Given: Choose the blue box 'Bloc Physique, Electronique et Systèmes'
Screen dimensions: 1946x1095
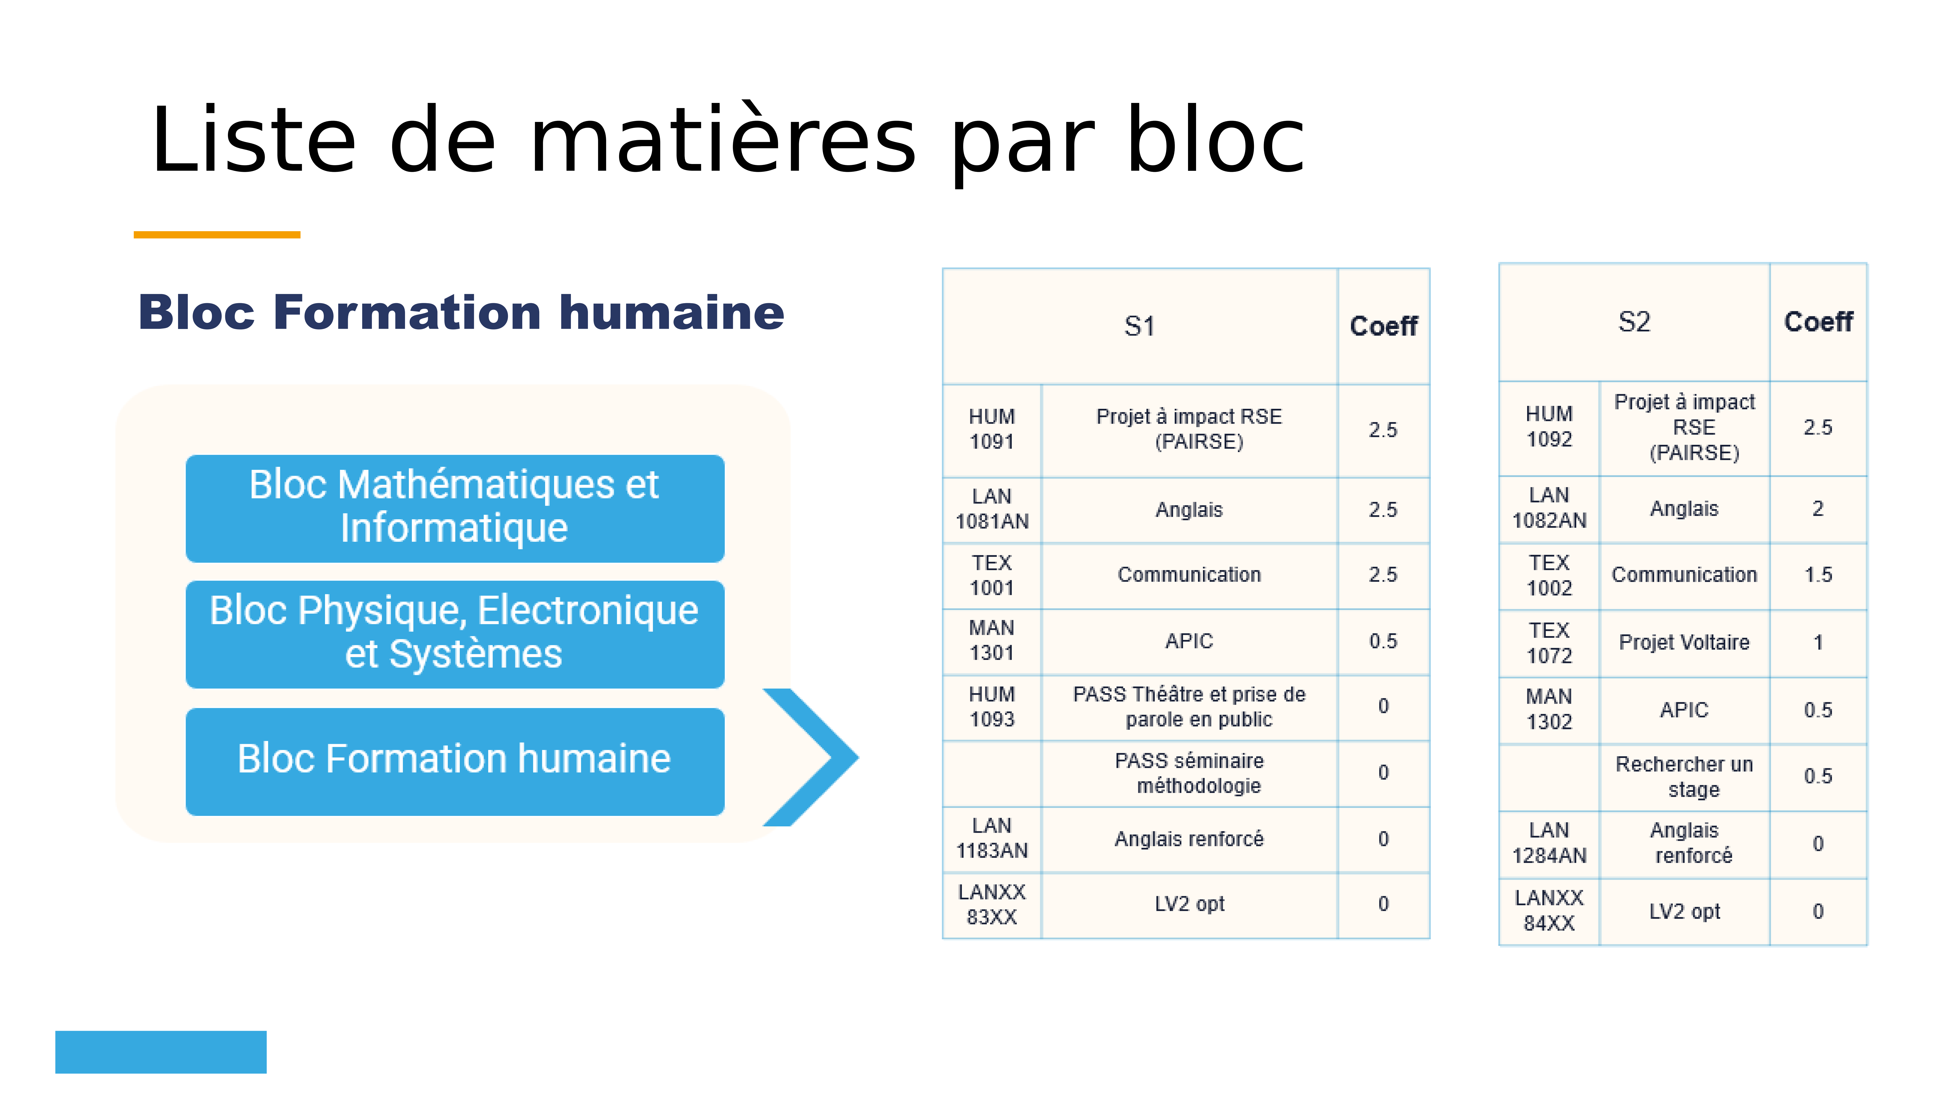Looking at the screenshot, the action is pos(455,634).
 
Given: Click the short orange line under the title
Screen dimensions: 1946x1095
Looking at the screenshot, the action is pos(217,235).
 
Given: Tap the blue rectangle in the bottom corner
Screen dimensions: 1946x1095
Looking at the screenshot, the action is pos(161,1052).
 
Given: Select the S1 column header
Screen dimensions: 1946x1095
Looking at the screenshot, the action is pos(1140,327).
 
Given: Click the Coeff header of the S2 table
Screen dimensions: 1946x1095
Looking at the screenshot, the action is pos(1818,322).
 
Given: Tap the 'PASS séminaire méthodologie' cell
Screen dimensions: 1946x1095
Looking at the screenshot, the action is pos(1189,773).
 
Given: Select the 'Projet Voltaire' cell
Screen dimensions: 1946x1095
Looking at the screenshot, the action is pos(1684,642).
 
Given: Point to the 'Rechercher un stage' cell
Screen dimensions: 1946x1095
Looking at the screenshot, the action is pos(1684,777).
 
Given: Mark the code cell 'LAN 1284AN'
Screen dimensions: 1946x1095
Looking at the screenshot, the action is pos(1550,843).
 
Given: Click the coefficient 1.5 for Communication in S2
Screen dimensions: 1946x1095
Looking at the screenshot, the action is pos(1818,575).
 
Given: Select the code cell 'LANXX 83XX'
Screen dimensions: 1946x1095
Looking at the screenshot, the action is pos(992,904).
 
